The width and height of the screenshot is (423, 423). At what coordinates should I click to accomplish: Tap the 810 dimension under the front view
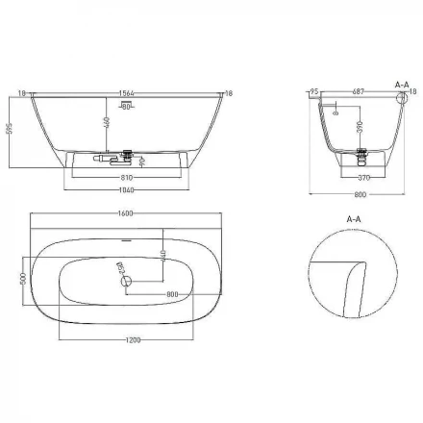(x=127, y=179)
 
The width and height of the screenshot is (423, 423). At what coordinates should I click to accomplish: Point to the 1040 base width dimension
(x=127, y=190)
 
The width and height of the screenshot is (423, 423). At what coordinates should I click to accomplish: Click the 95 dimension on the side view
(x=314, y=92)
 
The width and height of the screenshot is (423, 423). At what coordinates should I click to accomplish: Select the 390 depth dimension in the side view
(x=359, y=128)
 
